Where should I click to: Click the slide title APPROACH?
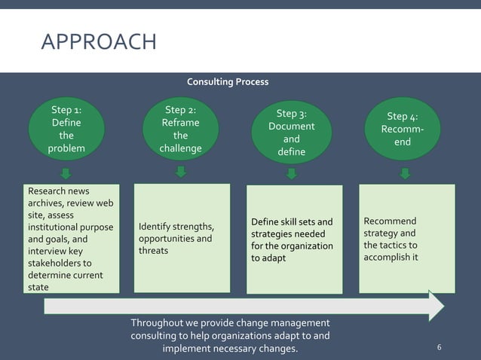tap(98, 41)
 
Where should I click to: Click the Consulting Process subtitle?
tap(227, 81)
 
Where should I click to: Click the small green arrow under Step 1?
tap(66, 174)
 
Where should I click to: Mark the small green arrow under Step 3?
tap(292, 174)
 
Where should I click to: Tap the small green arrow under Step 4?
tap(405, 174)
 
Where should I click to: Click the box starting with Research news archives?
tap(70, 239)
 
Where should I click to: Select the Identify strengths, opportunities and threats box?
tap(182, 239)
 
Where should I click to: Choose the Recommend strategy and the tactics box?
tap(407, 239)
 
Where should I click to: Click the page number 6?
tap(440, 347)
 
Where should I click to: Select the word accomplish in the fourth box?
tap(391, 258)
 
